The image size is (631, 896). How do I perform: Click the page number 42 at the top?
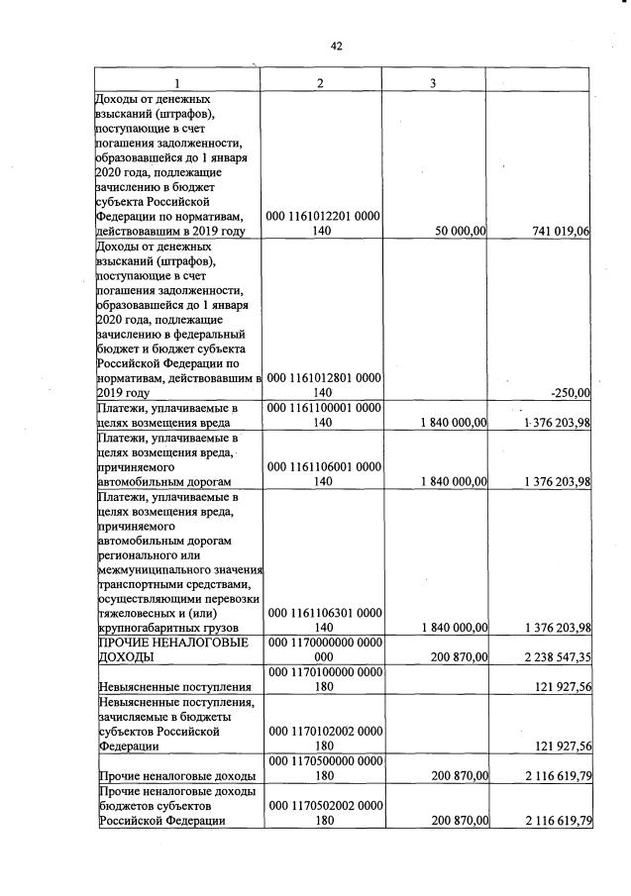336,45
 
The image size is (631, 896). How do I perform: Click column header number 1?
176,83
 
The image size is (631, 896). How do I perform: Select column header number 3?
433,83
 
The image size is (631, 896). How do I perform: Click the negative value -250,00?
570,392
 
